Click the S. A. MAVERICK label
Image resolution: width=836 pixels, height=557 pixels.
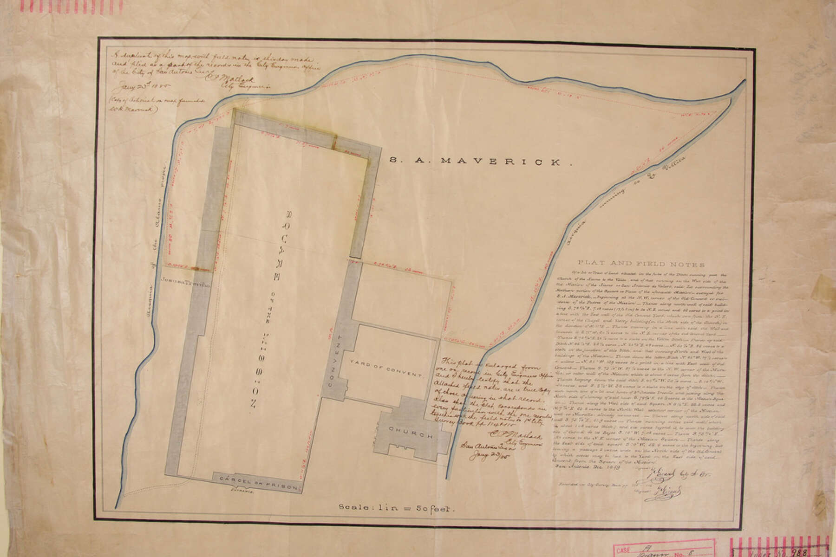(x=480, y=162)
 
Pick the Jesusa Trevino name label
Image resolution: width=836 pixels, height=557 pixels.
(x=186, y=281)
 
